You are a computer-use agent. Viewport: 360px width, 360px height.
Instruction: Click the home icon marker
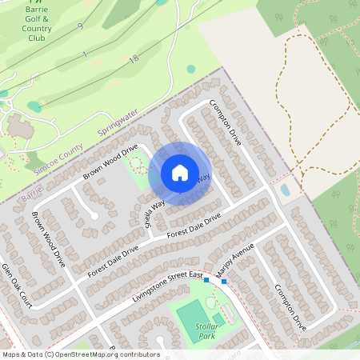[x=179, y=173]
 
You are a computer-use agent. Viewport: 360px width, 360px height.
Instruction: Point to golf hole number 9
[x=80, y=26]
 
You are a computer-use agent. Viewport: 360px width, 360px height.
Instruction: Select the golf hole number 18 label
[x=134, y=58]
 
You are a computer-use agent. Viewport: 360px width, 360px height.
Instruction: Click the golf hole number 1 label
[x=84, y=54]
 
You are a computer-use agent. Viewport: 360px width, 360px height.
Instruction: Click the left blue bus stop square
[x=206, y=280]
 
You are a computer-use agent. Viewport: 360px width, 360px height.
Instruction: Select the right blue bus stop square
[x=224, y=281]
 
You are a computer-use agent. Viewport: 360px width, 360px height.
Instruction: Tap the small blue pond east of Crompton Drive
[x=286, y=190]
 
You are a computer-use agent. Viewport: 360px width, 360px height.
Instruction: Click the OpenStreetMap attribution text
[x=80, y=354]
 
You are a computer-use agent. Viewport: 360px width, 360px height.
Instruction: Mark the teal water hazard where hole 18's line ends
[x=34, y=106]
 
